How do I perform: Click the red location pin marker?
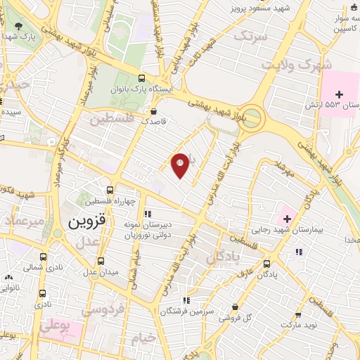click(x=180, y=165)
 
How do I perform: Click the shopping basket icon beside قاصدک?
click(x=154, y=111)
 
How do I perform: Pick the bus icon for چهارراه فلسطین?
click(x=109, y=190)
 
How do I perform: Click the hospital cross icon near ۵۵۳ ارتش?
click(x=340, y=94)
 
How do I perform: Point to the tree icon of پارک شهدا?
click(x=16, y=26)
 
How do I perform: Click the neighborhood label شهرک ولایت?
click(x=287, y=64)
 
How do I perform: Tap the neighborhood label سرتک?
click(x=251, y=35)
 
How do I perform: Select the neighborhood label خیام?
click(x=144, y=339)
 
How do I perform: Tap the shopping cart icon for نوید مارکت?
click(x=297, y=315)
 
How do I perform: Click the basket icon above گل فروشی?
click(x=234, y=307)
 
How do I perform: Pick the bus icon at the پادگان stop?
click(x=265, y=264)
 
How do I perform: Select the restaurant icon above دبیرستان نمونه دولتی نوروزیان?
click(x=147, y=214)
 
